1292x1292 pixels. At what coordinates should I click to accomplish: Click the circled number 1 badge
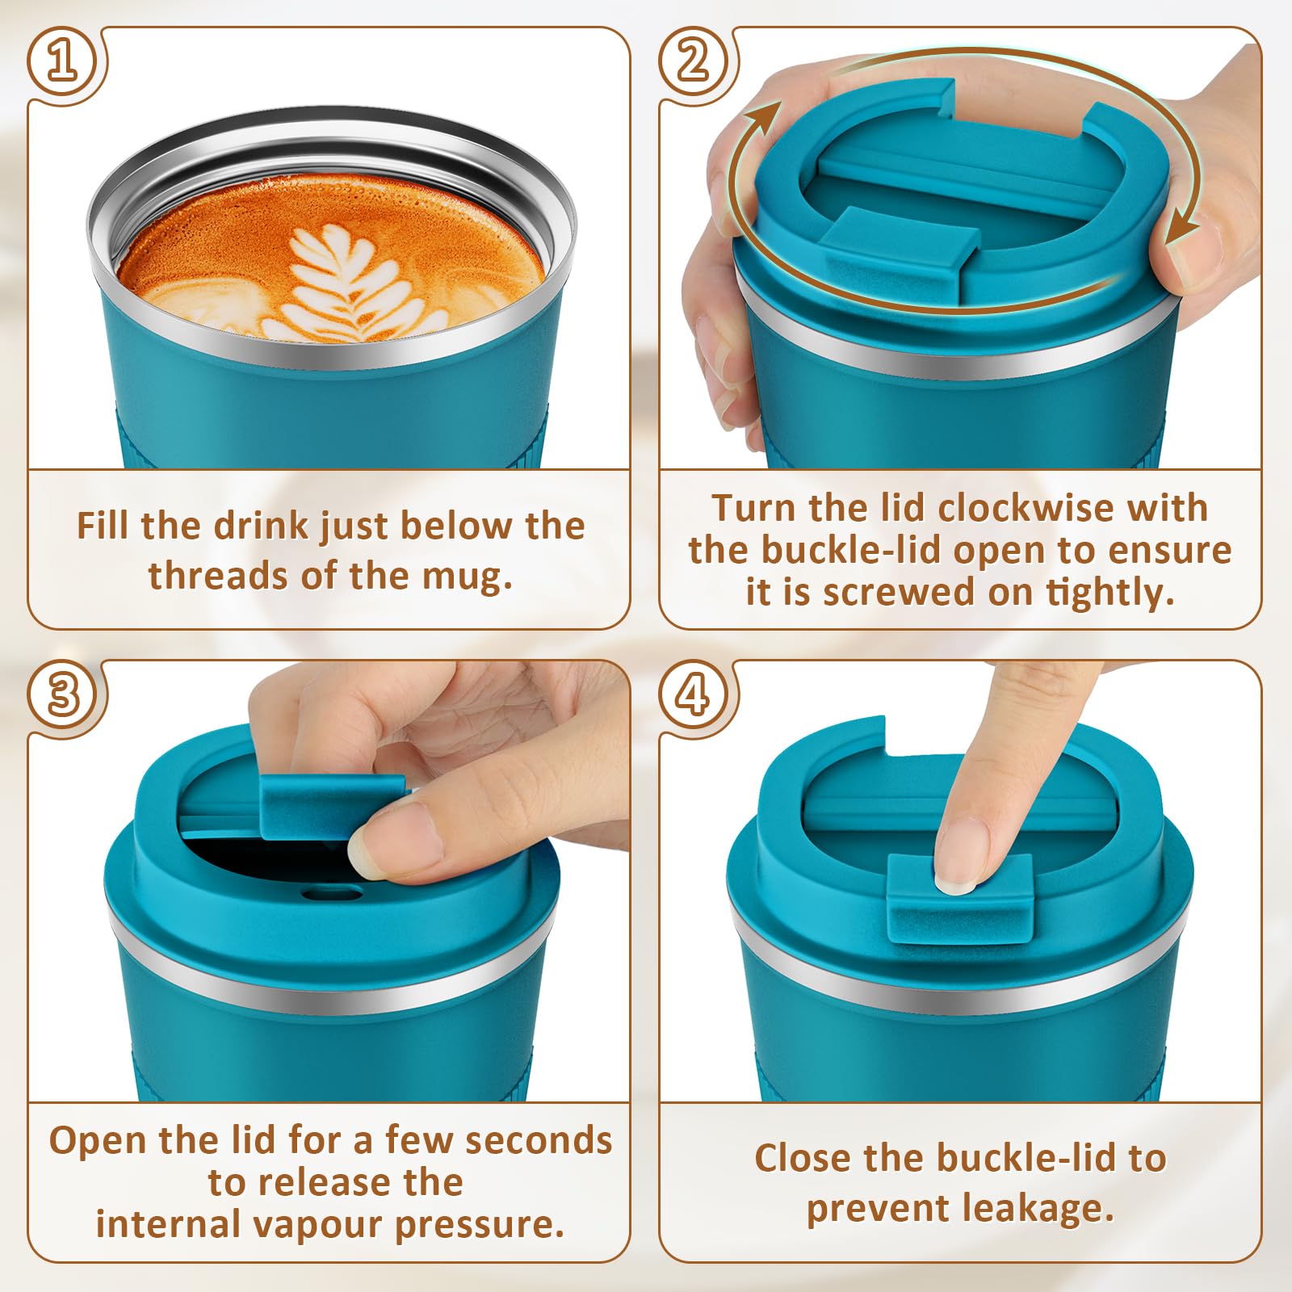[x=63, y=62]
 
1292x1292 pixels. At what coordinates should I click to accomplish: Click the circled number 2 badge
[x=694, y=62]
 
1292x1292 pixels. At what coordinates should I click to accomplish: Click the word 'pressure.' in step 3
[x=480, y=1225]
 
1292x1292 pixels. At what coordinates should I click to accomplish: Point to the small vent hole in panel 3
[x=331, y=893]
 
